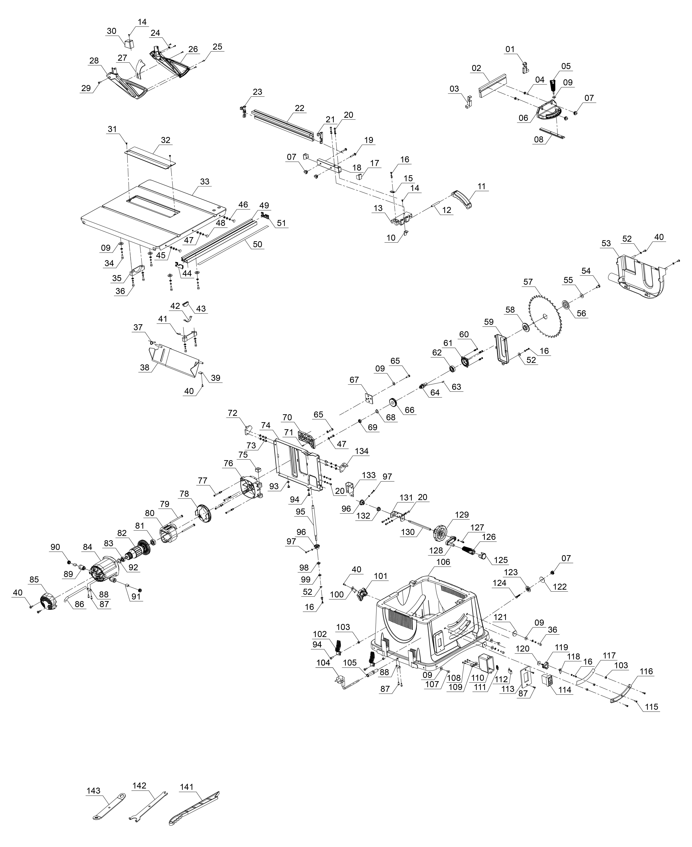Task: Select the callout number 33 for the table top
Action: pos(205,182)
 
